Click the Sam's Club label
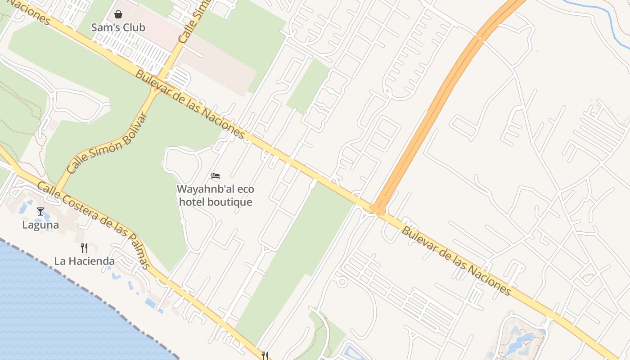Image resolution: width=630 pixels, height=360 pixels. (118, 27)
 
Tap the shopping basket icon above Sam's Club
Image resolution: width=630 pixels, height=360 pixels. (118, 15)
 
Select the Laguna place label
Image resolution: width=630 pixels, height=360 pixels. (40, 225)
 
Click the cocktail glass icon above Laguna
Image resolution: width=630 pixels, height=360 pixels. (40, 211)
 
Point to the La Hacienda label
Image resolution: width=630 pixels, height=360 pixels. (84, 261)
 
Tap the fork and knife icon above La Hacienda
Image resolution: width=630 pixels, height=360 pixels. (84, 247)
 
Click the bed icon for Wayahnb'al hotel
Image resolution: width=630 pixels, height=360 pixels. (216, 176)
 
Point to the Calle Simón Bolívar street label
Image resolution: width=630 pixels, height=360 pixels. (107, 144)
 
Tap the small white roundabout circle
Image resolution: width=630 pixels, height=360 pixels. (342, 282)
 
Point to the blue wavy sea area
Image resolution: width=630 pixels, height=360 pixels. (54, 315)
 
